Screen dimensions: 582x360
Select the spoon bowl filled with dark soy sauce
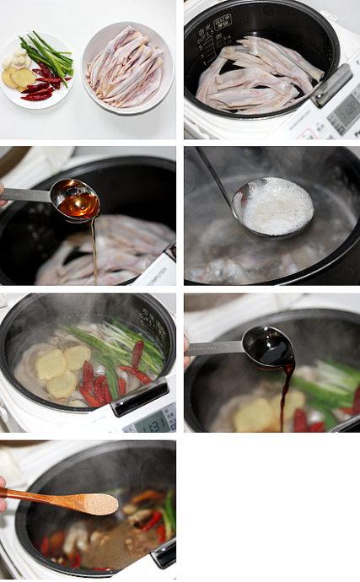(x=268, y=346)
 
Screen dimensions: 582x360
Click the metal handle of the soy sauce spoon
(x=214, y=347)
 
